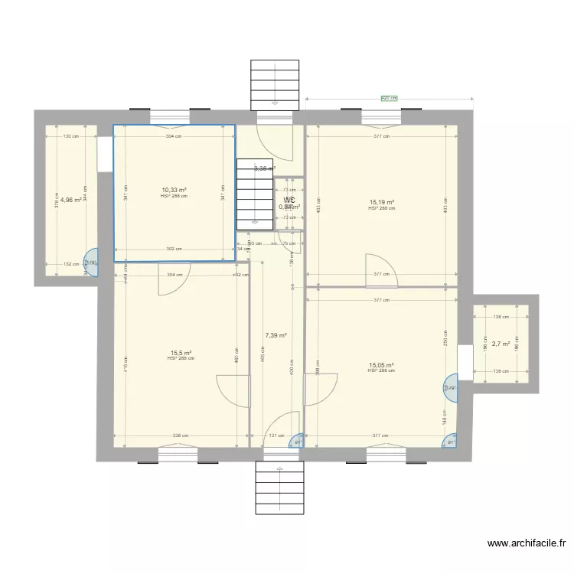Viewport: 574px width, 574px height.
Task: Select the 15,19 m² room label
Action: pos(381,203)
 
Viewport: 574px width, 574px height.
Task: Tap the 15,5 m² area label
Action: pos(180,353)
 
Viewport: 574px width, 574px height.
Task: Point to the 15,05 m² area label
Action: pos(381,365)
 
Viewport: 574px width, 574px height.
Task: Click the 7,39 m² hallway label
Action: pos(276,335)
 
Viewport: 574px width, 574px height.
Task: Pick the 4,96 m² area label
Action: pos(71,200)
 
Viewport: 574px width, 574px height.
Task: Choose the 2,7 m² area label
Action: pos(501,344)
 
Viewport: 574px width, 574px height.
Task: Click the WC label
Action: pos(289,201)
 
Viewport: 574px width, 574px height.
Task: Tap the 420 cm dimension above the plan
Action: pos(390,98)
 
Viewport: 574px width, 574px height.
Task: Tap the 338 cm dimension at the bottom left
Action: pos(178,436)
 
